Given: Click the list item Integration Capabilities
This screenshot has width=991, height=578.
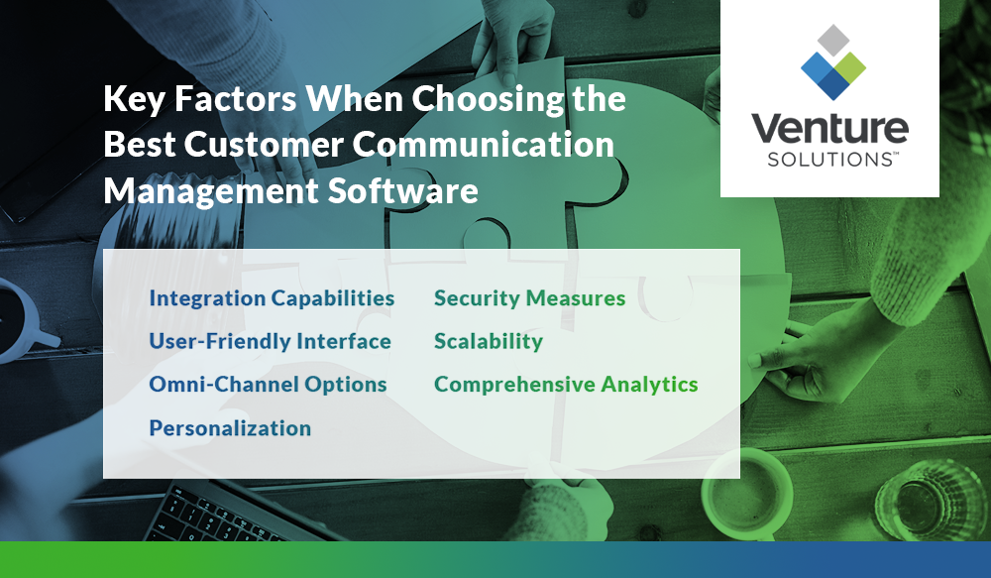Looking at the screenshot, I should [272, 298].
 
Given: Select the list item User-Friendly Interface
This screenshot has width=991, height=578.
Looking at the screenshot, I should [270, 341].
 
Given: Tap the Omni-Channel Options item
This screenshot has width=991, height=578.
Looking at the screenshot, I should [268, 384].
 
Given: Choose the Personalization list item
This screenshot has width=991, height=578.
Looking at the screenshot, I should [230, 427].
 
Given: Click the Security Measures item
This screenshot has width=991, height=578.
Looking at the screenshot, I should [529, 298].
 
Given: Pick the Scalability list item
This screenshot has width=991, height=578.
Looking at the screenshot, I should [489, 341].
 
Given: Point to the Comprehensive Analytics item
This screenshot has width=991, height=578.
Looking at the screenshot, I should [566, 384].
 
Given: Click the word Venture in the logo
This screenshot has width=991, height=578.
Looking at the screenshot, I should [829, 130].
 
